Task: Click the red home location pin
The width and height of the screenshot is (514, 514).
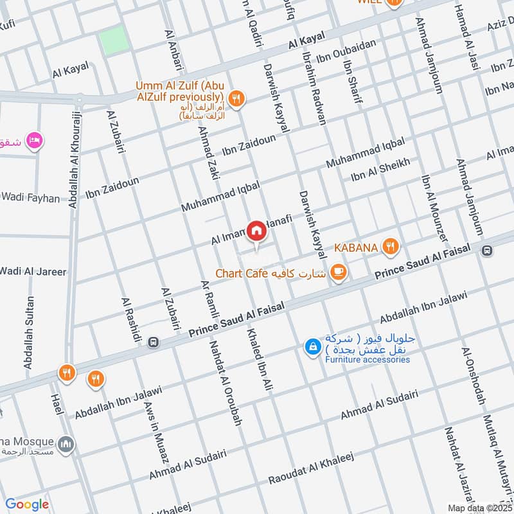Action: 256,229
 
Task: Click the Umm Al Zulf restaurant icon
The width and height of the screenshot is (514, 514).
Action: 237,98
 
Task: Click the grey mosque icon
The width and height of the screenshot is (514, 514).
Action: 66,444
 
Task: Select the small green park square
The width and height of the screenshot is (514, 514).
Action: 113,41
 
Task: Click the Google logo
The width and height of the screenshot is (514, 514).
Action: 27,504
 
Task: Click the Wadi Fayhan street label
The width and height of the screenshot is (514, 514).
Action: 30,197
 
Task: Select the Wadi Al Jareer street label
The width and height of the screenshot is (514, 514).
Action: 33,271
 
